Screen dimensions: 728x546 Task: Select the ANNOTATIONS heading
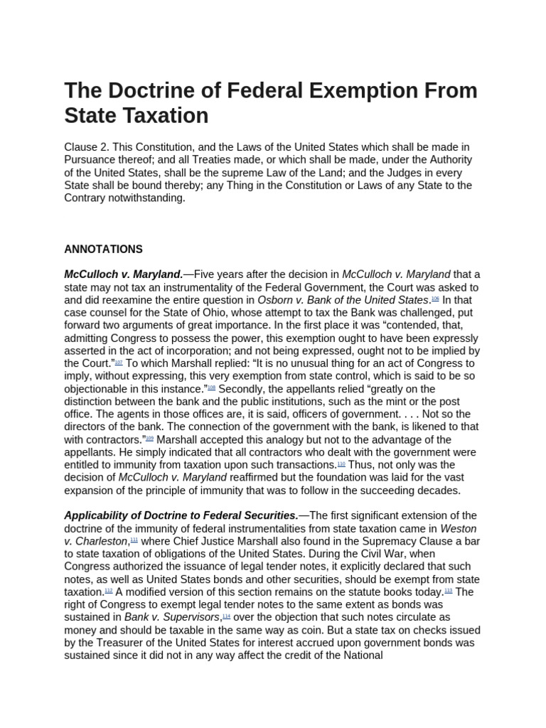103,250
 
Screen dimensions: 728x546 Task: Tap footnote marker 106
435,299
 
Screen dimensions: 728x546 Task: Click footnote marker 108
211,387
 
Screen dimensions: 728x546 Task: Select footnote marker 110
341,464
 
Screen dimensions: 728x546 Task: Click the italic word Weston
459,528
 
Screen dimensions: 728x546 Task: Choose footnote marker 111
134,540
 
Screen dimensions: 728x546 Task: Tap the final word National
362,655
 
